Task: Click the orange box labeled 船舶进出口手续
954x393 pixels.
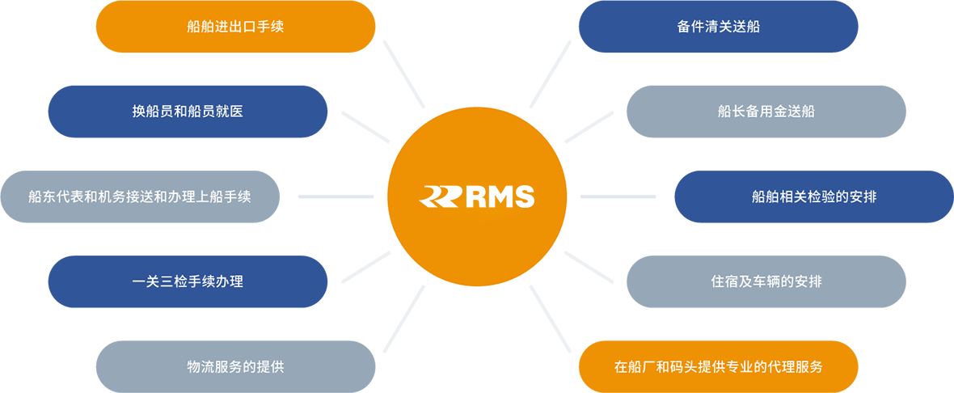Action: click(235, 27)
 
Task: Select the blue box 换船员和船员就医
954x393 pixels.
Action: click(188, 112)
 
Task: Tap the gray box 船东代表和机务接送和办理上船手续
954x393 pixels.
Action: click(139, 196)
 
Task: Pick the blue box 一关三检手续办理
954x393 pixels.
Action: click(188, 281)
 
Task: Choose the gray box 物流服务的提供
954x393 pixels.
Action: click(235, 367)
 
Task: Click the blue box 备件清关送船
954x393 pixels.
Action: click(718, 27)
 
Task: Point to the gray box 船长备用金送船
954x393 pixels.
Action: click(766, 112)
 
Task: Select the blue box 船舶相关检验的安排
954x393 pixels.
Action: click(814, 196)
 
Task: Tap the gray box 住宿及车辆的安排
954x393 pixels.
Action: click(766, 281)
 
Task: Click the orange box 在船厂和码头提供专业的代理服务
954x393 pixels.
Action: click(718, 367)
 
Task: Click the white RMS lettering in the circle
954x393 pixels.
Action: click(500, 197)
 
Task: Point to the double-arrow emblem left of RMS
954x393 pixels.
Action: click(441, 197)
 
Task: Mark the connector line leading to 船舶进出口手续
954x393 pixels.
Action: click(404, 74)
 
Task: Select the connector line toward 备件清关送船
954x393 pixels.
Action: click(550, 74)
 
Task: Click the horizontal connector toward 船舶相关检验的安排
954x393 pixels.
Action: click(618, 196)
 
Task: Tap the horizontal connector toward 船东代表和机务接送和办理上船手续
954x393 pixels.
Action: click(336, 196)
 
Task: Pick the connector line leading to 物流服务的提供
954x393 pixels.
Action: click(404, 319)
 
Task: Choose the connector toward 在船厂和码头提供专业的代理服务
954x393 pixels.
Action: click(550, 319)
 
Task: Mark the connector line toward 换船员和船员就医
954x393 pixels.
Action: click(365, 127)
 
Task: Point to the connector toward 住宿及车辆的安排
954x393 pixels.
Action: click(589, 267)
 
